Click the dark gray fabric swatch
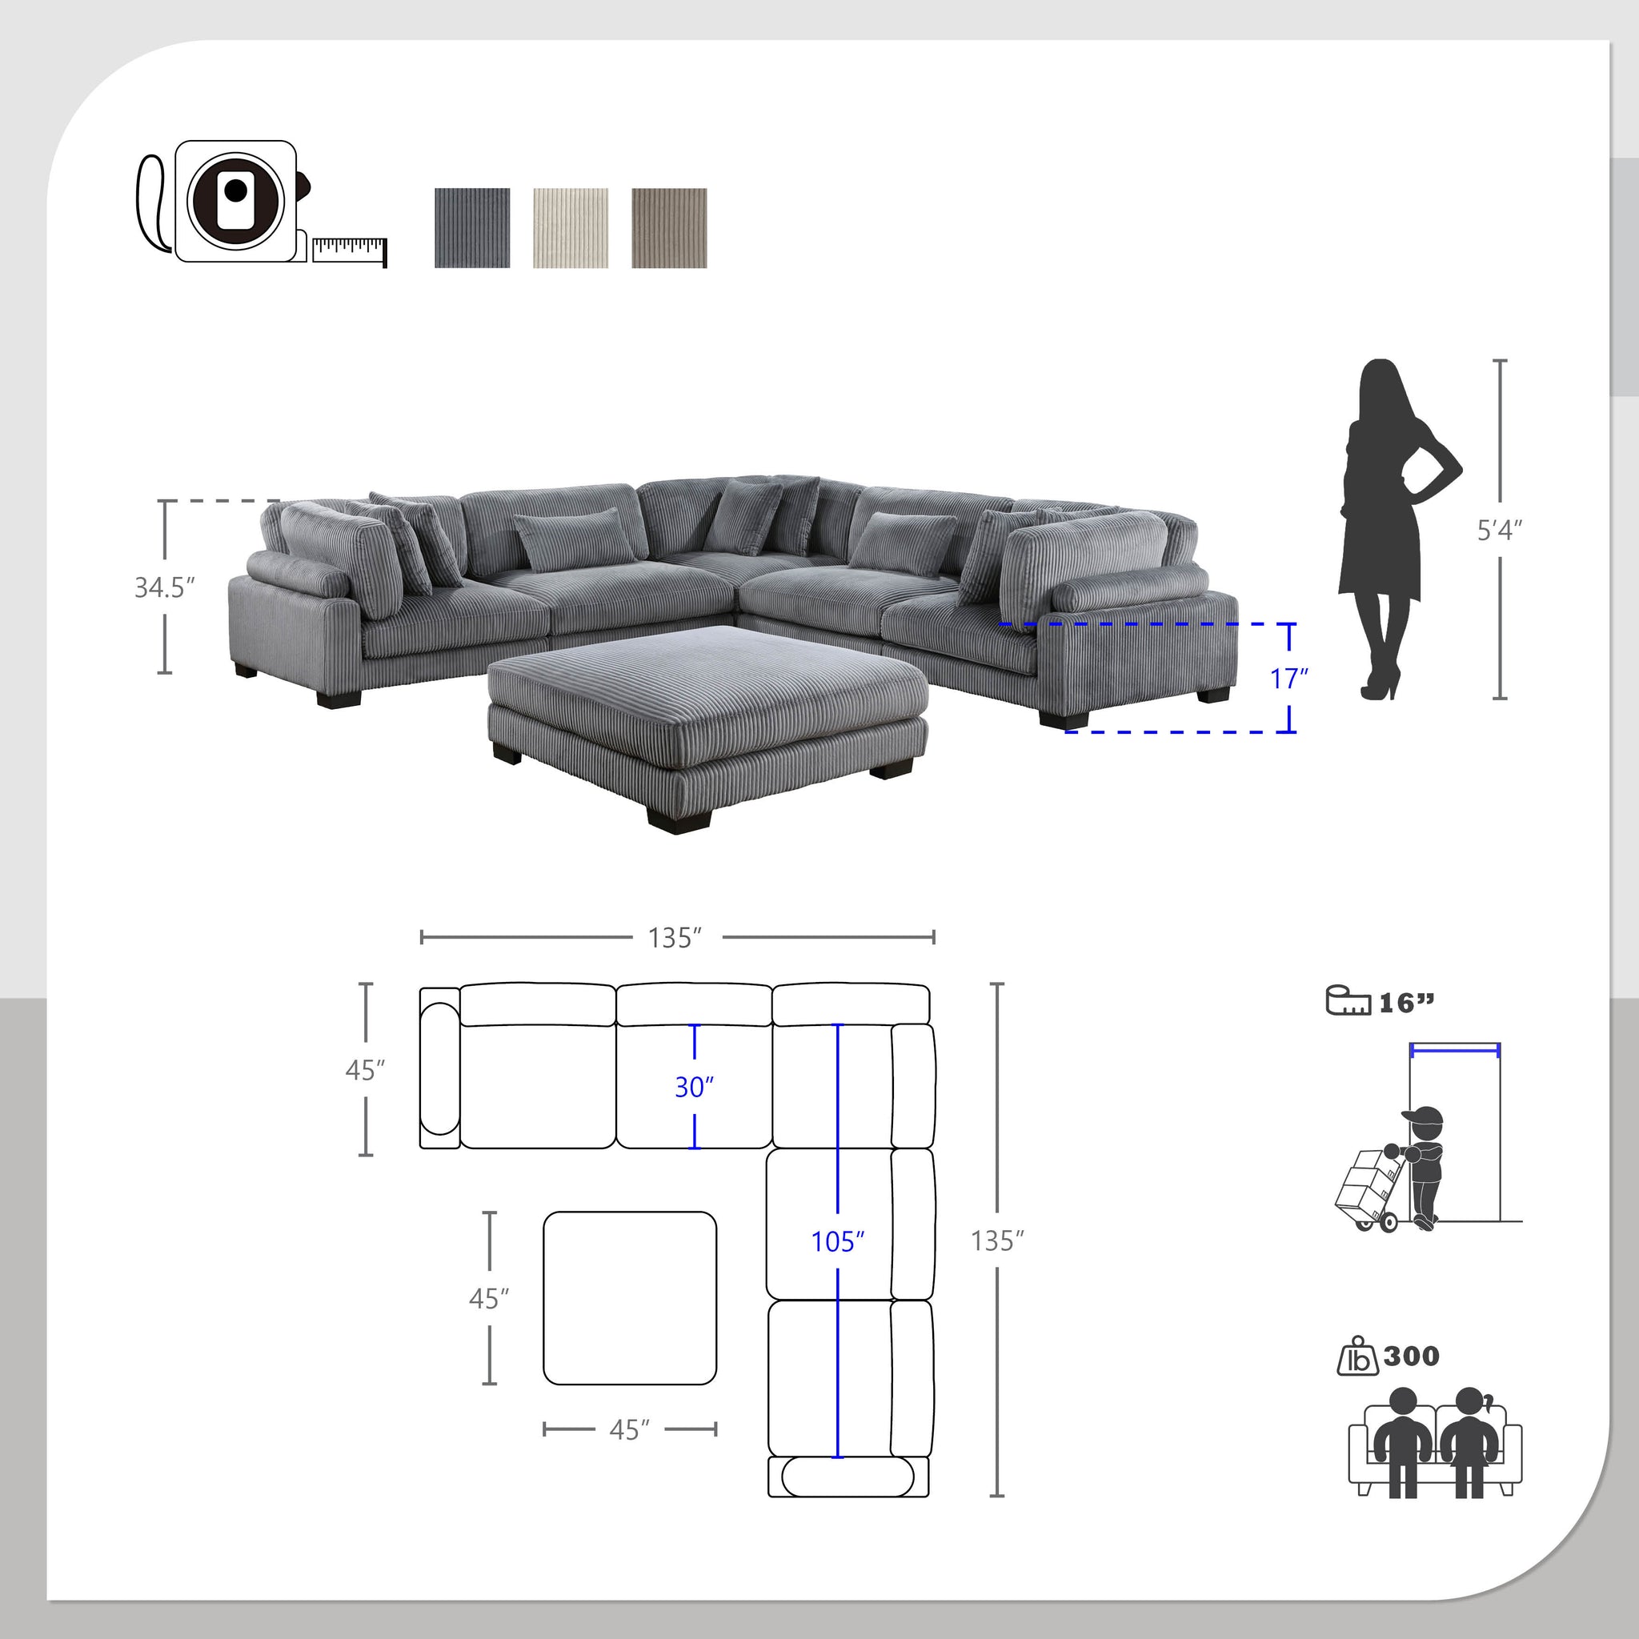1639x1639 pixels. tap(471, 227)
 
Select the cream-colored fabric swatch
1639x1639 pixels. tap(570, 227)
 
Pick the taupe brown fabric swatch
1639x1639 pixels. tap(668, 227)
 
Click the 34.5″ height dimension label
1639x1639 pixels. tap(165, 587)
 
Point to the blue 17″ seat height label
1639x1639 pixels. tap(1288, 679)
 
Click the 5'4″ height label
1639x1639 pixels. tap(1499, 531)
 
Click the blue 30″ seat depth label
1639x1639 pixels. tap(694, 1087)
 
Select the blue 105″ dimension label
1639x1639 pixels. tap(837, 1241)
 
